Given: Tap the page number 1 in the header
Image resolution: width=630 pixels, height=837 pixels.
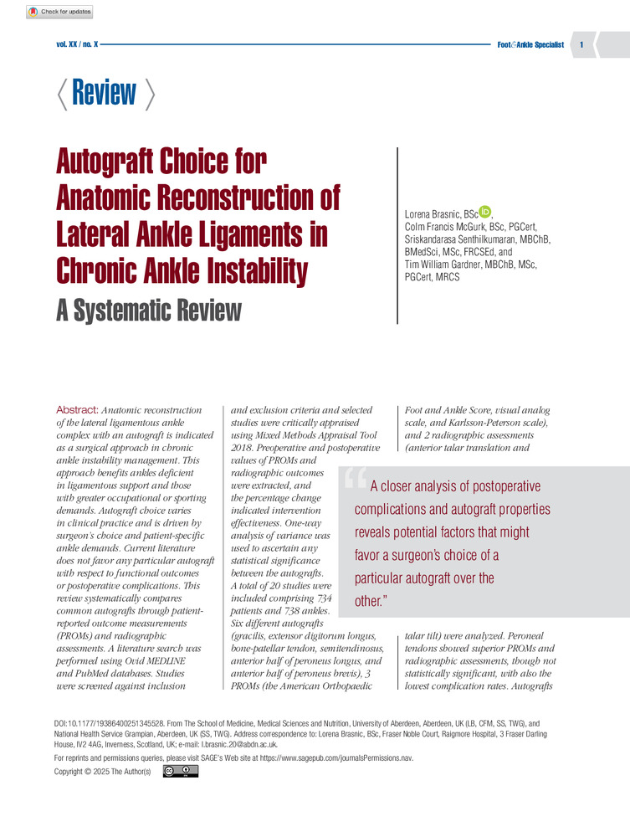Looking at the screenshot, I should [581, 44].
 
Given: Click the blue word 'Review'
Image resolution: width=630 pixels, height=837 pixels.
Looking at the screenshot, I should [105, 92].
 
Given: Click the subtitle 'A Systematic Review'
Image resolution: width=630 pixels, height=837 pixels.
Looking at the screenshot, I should [148, 311].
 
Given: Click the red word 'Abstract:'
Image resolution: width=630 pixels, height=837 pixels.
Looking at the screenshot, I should [77, 410].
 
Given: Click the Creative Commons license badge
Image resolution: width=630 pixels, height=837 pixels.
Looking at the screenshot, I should [187, 771].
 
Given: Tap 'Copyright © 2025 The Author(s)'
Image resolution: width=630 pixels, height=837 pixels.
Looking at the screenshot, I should [103, 772].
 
